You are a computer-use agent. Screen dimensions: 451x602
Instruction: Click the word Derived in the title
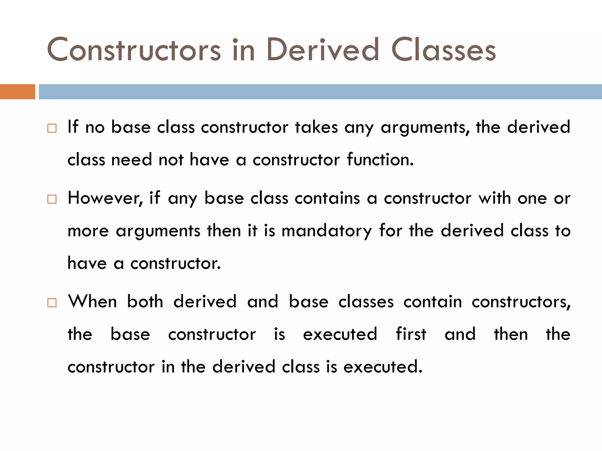pyautogui.click(x=322, y=50)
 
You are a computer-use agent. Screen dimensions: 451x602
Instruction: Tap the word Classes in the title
pyautogui.click(x=444, y=50)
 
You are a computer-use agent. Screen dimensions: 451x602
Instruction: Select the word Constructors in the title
pyautogui.click(x=134, y=50)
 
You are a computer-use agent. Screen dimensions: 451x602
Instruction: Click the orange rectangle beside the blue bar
pyautogui.click(x=17, y=92)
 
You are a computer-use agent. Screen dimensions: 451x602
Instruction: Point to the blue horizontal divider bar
pyautogui.click(x=320, y=92)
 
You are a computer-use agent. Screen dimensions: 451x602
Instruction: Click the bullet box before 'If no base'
pyautogui.click(x=52, y=128)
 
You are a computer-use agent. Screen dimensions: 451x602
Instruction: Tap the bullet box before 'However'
pyautogui.click(x=52, y=199)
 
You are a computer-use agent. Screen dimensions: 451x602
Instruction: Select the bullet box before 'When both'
pyautogui.click(x=52, y=303)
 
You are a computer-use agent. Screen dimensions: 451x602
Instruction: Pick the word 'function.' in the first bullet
pyautogui.click(x=380, y=160)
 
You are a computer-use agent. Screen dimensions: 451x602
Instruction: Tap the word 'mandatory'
pyautogui.click(x=326, y=231)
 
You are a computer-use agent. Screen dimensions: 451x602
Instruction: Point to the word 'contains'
pyautogui.click(x=327, y=198)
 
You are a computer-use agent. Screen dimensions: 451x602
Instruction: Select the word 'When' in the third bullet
pyautogui.click(x=92, y=302)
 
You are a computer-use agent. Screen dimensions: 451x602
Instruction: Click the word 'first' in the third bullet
pyautogui.click(x=411, y=334)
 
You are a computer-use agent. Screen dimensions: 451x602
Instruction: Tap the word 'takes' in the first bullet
pyautogui.click(x=316, y=127)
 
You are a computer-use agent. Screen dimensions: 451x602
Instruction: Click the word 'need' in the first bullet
pyautogui.click(x=131, y=160)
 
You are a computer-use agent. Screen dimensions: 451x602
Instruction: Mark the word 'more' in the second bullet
pyautogui.click(x=88, y=231)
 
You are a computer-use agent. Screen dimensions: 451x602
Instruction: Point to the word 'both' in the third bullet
pyautogui.click(x=145, y=302)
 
